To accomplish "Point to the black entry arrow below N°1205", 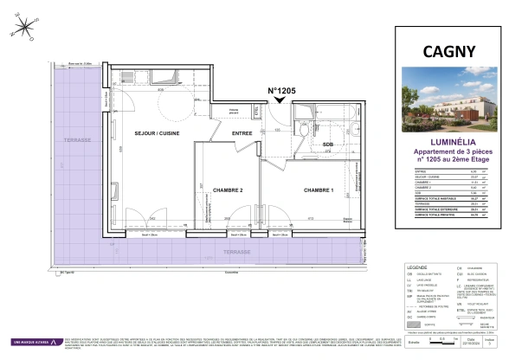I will pos(279,101).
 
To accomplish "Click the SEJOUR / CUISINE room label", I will pos(156,132).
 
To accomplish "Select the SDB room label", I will pos(328,145).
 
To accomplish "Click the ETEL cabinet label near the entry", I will pos(255,111).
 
